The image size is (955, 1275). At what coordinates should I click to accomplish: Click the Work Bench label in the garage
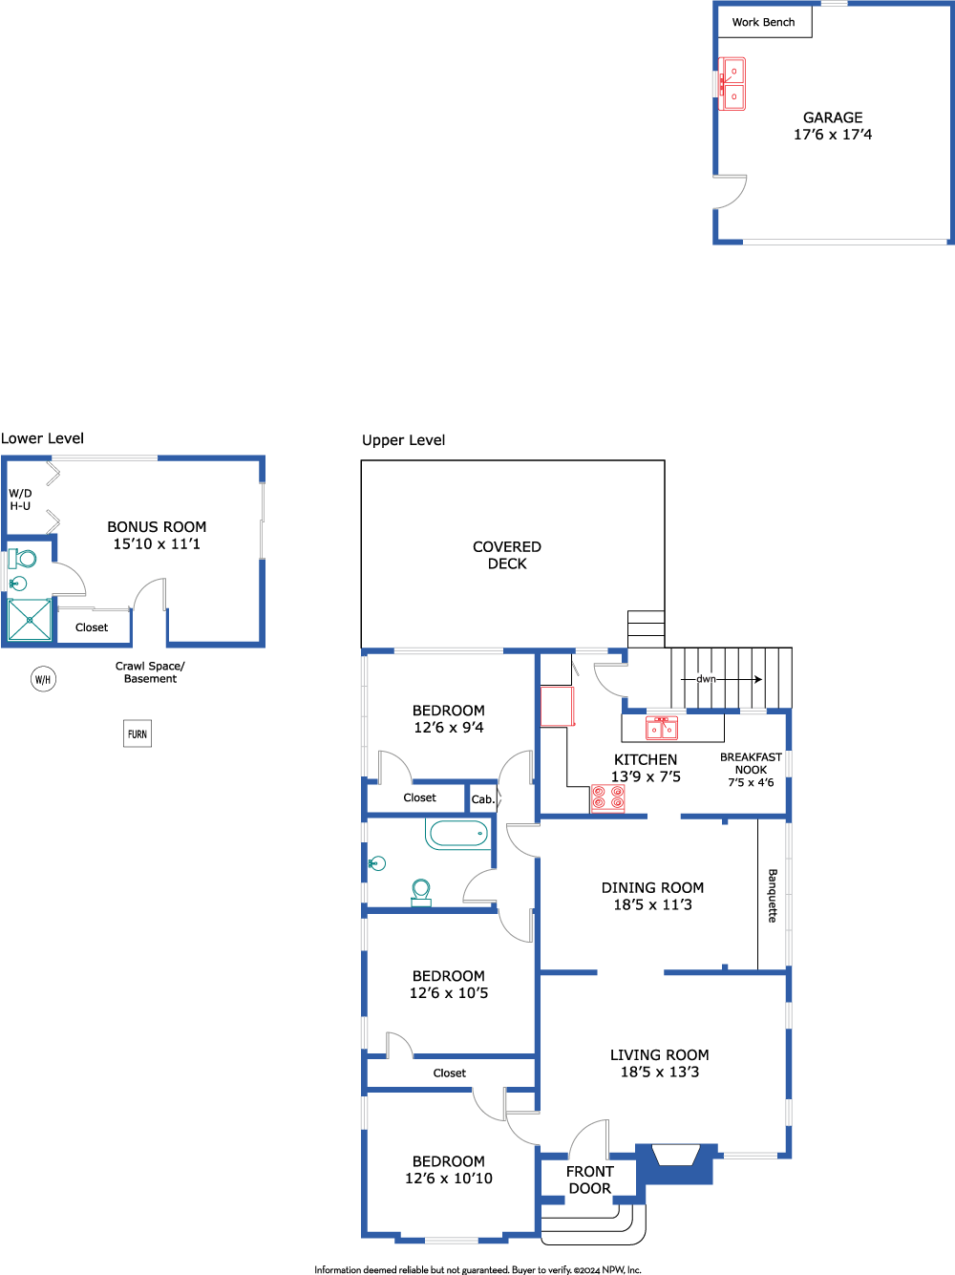(x=763, y=22)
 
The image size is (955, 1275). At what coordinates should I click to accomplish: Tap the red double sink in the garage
(x=732, y=84)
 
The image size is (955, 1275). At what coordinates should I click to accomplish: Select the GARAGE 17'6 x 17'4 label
(x=833, y=126)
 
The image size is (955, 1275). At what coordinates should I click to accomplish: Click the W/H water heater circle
(x=43, y=679)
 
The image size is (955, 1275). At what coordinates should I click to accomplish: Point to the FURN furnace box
(x=138, y=733)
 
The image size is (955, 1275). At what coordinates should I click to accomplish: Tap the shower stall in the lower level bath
(x=30, y=620)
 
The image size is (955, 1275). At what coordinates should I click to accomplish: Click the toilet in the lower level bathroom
(x=23, y=559)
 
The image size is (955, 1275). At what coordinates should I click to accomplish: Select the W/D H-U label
(x=20, y=499)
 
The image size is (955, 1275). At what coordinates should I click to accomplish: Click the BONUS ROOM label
(x=157, y=535)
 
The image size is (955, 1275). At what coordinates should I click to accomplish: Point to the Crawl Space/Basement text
(x=150, y=672)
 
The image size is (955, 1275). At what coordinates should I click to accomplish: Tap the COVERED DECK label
(x=507, y=555)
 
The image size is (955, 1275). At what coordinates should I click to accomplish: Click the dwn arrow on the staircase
(x=721, y=679)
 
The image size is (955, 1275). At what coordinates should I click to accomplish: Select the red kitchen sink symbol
(x=662, y=727)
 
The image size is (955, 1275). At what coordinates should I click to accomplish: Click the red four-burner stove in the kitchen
(x=607, y=797)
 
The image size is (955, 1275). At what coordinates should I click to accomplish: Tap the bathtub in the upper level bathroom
(x=458, y=834)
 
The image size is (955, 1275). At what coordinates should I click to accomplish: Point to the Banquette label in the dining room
(x=773, y=895)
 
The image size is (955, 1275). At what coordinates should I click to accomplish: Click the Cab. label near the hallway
(x=483, y=799)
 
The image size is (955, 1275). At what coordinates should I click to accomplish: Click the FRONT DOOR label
(x=590, y=1179)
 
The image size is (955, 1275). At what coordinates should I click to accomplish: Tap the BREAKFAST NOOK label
(x=751, y=770)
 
